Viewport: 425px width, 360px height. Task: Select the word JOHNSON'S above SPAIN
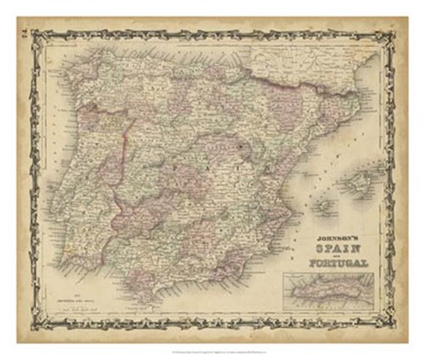coord(336,237)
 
